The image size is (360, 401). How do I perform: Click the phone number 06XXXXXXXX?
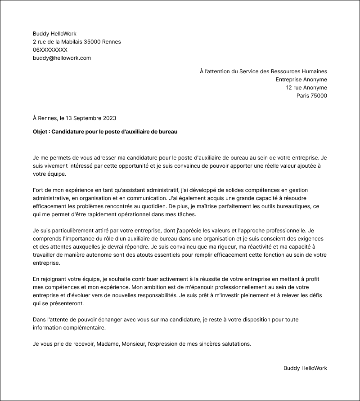tap(50, 50)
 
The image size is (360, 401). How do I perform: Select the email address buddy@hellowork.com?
tap(62, 58)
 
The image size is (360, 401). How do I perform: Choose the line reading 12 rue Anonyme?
tap(306, 88)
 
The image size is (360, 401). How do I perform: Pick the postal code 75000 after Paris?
tap(319, 96)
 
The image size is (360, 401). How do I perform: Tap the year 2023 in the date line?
tap(109, 118)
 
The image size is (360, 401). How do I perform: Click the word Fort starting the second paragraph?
tap(39, 190)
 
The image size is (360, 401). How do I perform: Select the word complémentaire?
tap(85, 328)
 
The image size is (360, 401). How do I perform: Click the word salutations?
tap(235, 344)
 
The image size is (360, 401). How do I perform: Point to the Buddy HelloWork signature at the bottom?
tap(305, 368)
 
